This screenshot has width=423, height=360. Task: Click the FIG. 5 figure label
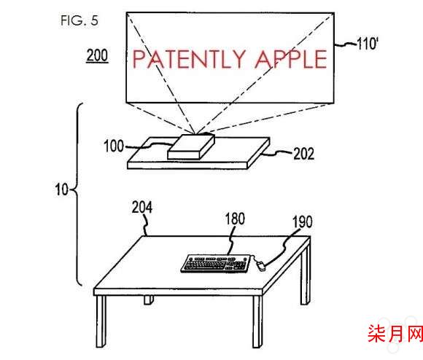coord(79,20)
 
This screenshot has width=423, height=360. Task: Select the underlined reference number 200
coord(97,55)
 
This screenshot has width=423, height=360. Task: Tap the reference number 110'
coord(368,43)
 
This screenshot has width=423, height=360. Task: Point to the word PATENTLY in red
coord(189,59)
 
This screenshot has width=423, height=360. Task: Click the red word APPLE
coord(291,59)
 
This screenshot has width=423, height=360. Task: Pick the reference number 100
coord(114,146)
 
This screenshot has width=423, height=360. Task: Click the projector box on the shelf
coord(191,147)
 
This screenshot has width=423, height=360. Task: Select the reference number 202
coord(304,154)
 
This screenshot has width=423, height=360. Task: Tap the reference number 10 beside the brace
coord(62,189)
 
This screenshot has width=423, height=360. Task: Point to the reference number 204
coord(142,207)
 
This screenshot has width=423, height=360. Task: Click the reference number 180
coord(235,219)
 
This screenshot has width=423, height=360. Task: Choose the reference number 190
coord(303,222)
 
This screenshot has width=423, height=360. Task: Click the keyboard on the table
coord(216,264)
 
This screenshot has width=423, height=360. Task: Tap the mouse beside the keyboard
coord(260,266)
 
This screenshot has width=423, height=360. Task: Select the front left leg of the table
coord(101,321)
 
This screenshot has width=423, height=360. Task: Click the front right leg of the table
coord(257,321)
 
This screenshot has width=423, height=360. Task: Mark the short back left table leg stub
coord(149,300)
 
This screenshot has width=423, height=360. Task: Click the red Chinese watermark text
coord(395,334)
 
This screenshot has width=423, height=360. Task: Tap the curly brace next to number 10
coord(77,194)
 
